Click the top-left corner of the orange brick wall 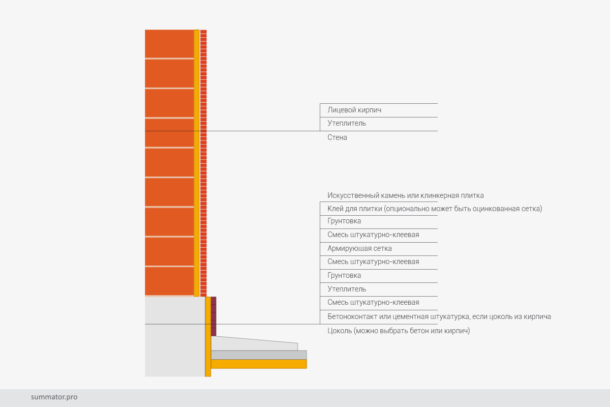click(145, 30)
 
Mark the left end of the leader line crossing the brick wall click(145, 131)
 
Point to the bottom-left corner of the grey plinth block click(145, 376)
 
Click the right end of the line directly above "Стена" click(438, 131)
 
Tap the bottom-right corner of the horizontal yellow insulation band click(307, 368)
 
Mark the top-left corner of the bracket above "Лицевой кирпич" click(320, 104)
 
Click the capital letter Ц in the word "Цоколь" click(330, 331)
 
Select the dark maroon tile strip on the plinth click(213, 316)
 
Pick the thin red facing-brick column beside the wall click(203, 163)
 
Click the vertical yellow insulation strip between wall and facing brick click(197, 163)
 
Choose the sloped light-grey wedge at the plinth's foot click(254, 343)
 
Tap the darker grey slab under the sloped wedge click(259, 355)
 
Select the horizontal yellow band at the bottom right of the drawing click(259, 364)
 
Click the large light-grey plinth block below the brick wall click(175, 336)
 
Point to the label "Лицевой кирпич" click(354, 110)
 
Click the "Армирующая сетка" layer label click(359, 249)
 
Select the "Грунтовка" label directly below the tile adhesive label click(344, 221)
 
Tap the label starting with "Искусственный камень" click(406, 195)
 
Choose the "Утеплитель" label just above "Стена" click(347, 123)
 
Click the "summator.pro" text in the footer click(54, 397)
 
